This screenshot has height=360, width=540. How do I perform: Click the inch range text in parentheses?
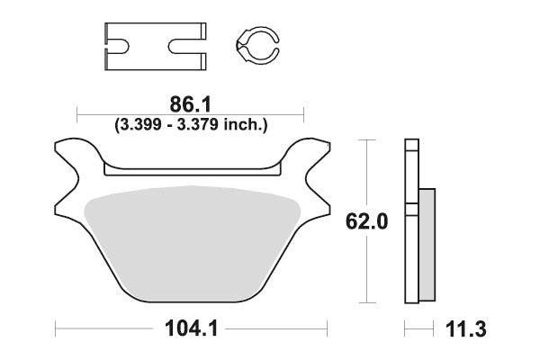[x=191, y=125]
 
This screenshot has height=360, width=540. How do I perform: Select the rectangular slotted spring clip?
[x=155, y=46]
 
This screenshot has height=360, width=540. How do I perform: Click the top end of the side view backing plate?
[x=411, y=145]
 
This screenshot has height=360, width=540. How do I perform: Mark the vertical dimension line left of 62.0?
[x=364, y=221]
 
